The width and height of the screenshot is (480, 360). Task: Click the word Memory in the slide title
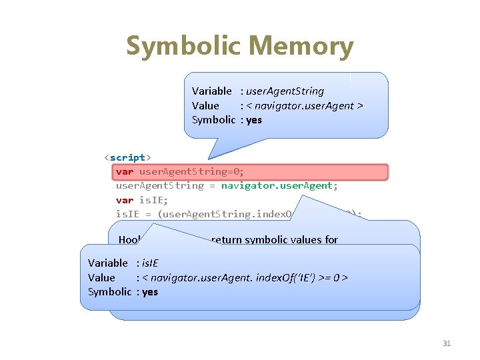[x=303, y=47]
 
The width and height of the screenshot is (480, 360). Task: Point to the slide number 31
[x=447, y=343]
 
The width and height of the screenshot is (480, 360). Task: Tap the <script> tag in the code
[x=127, y=157]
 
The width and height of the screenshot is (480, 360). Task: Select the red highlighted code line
[x=249, y=172]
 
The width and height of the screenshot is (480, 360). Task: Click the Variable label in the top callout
[x=212, y=91]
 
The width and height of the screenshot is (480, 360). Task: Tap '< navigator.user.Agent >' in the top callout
[x=305, y=105]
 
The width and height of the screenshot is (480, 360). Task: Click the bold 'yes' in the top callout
[x=254, y=120]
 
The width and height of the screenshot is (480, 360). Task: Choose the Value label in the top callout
[x=205, y=105]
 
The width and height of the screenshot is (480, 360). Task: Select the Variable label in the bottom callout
[x=108, y=263]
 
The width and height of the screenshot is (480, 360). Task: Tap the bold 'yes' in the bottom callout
[x=150, y=292]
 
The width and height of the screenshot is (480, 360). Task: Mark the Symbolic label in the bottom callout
[x=110, y=292]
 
